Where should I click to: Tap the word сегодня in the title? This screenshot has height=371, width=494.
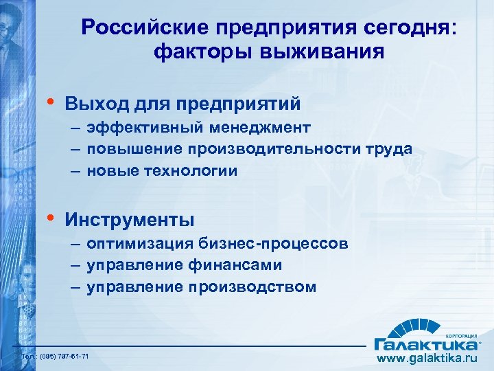tap(398, 27)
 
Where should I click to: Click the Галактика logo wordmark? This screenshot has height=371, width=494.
tap(425, 342)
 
